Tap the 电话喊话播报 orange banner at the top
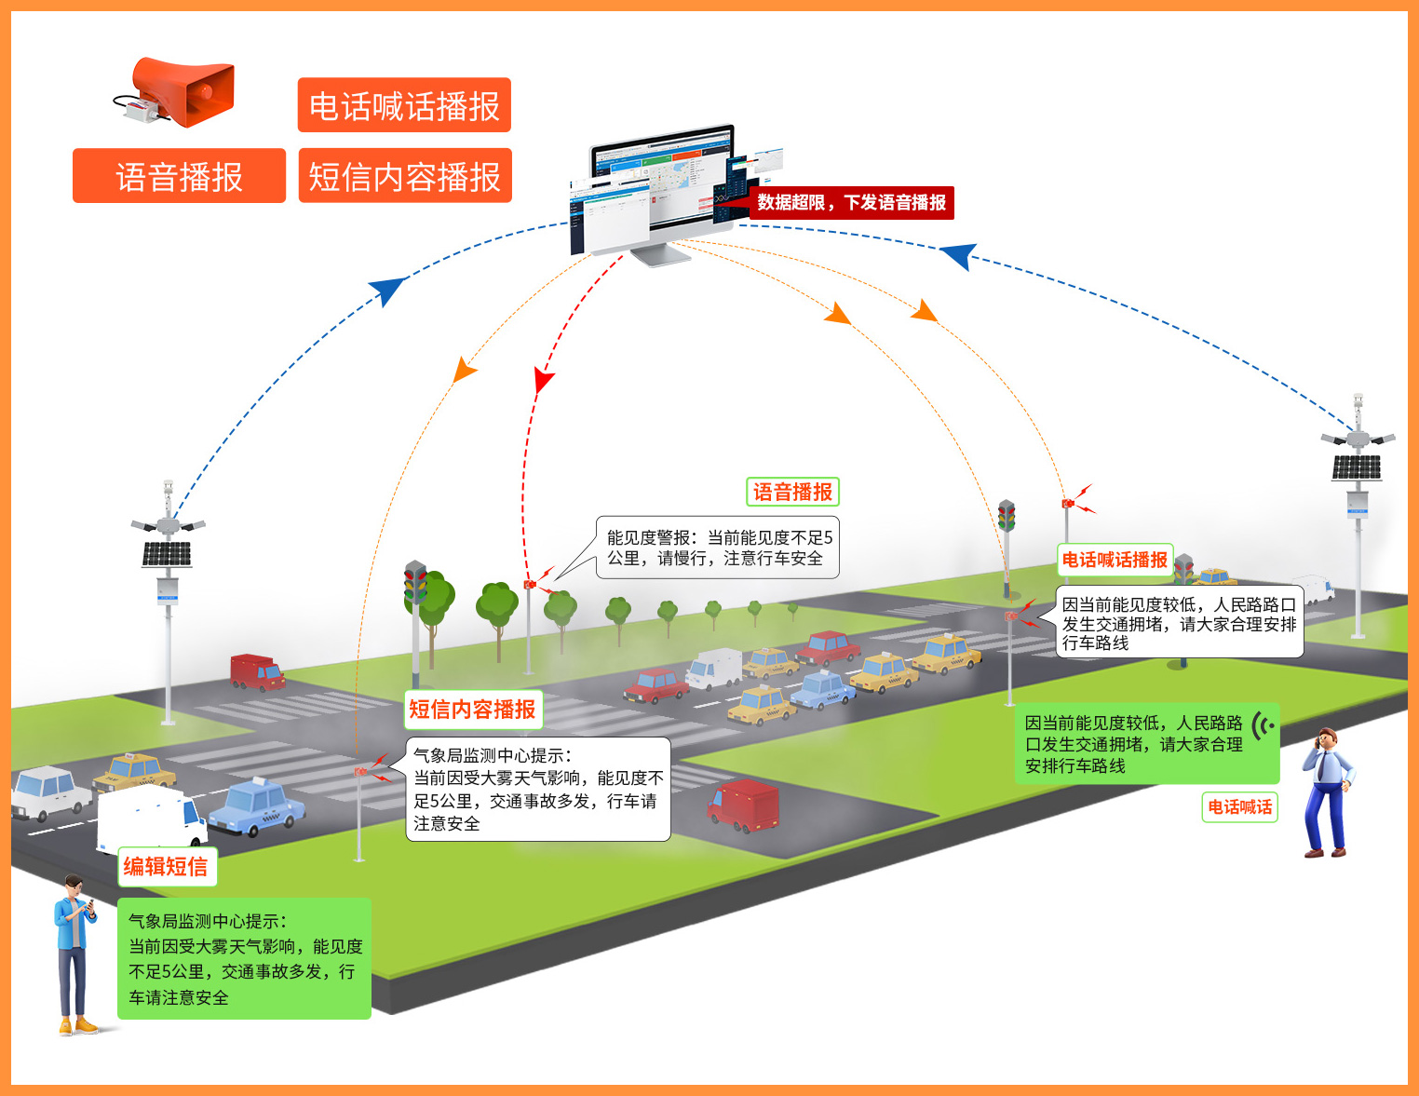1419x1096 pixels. (404, 105)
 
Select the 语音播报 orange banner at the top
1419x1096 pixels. (179, 176)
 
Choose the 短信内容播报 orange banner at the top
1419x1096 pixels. (404, 176)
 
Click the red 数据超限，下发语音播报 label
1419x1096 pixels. (851, 202)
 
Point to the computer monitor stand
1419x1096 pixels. (660, 252)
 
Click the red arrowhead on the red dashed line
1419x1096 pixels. (543, 381)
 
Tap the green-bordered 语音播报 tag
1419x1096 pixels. (792, 492)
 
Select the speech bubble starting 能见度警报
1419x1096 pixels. (717, 548)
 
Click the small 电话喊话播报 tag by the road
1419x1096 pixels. (1115, 560)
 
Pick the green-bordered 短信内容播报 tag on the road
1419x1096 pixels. (473, 710)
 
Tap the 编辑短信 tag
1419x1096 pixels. (166, 867)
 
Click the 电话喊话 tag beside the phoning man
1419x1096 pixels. (1239, 807)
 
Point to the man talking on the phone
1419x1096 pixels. (1326, 792)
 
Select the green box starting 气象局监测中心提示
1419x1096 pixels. (244, 958)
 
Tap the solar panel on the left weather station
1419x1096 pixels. (167, 554)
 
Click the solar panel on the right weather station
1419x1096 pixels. (1356, 467)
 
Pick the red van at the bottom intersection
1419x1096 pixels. (743, 806)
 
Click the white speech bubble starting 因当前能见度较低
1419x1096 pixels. (1178, 623)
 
